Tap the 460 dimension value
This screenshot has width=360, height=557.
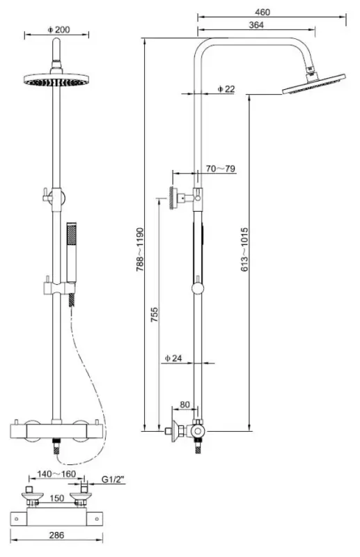pyautogui.click(x=262, y=12)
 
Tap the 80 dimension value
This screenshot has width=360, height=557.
pyautogui.click(x=185, y=404)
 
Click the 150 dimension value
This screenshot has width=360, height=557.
pyautogui.click(x=58, y=498)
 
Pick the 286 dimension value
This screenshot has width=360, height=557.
pyautogui.click(x=58, y=536)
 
